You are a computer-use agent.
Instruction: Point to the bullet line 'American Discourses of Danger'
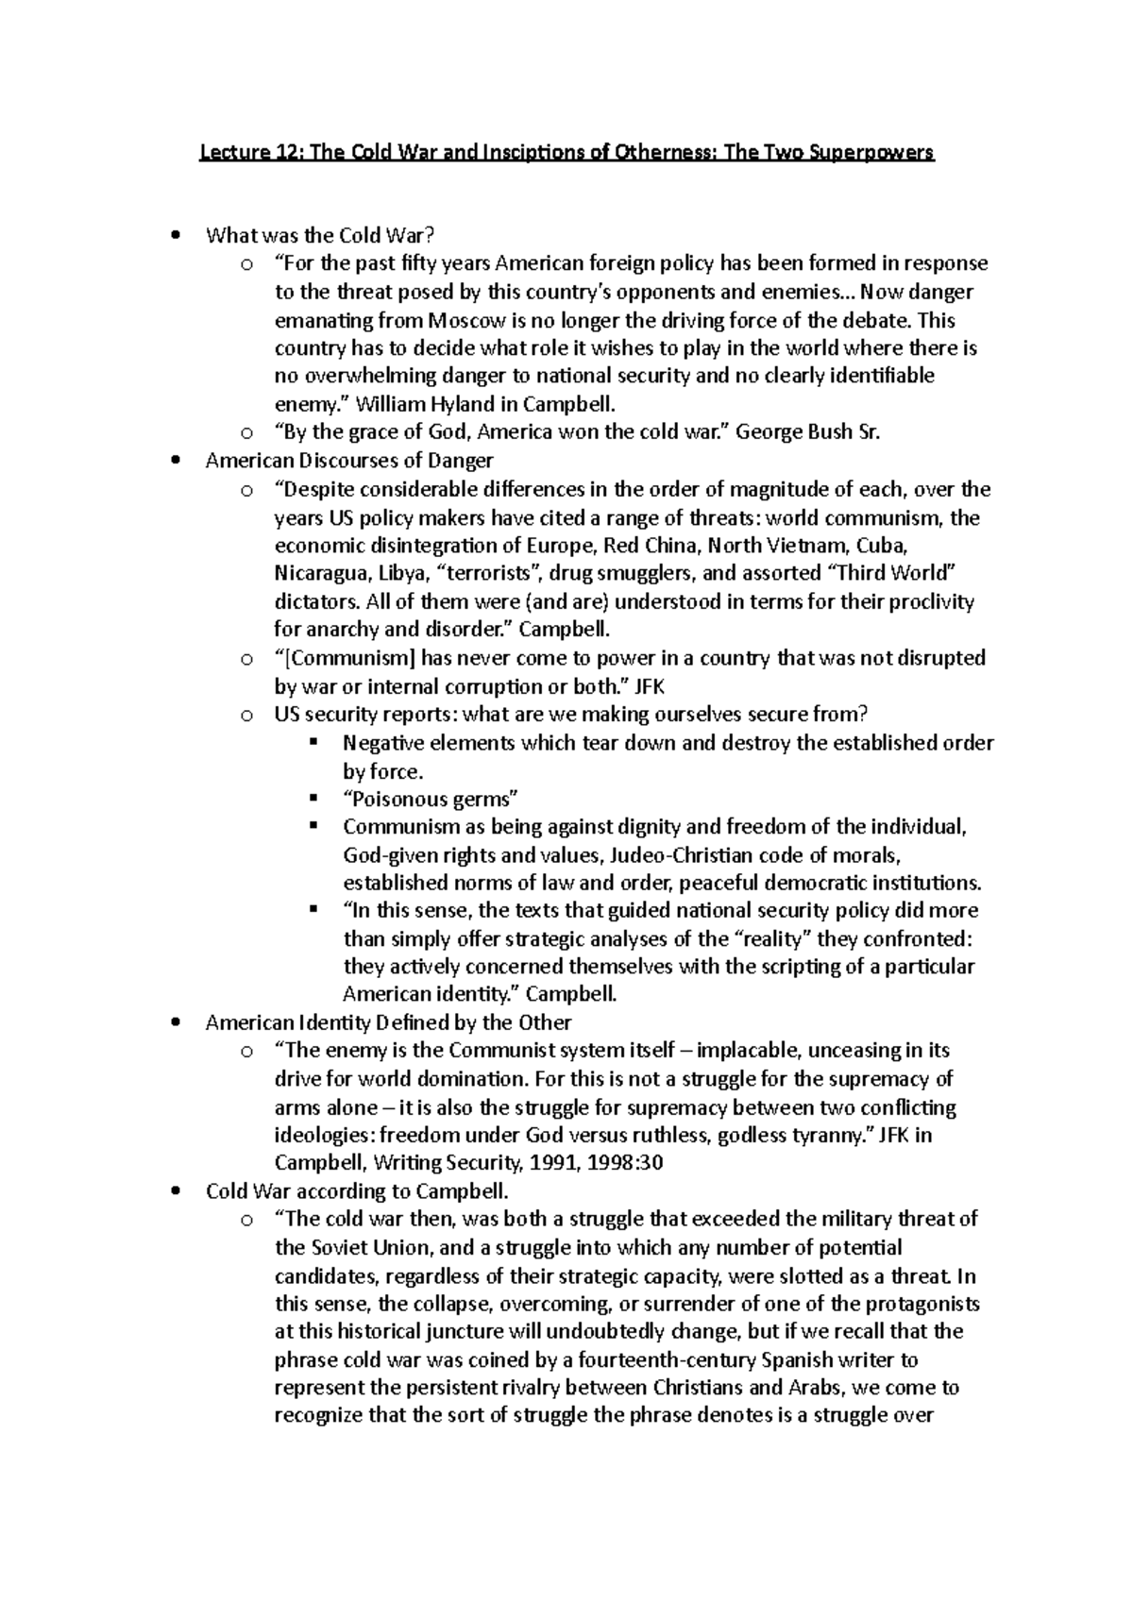(x=349, y=461)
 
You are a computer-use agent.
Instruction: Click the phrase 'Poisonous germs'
(x=431, y=799)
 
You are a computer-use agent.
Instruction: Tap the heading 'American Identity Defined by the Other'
(x=388, y=1022)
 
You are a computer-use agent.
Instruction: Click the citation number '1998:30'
(x=624, y=1163)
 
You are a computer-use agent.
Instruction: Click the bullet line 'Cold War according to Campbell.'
(x=358, y=1190)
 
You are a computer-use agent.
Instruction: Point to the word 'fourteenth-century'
(x=631, y=1360)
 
